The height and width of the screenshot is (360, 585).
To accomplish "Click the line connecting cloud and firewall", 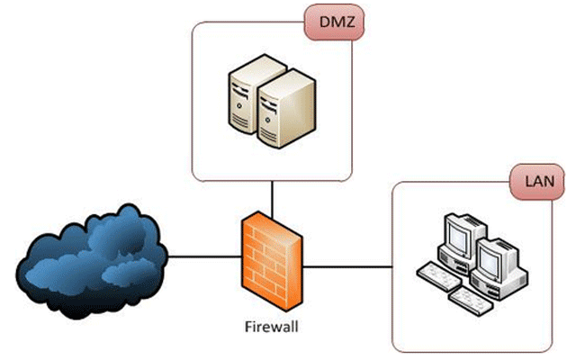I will coord(202,257).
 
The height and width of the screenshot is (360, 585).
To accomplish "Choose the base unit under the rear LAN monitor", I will coord(459,264).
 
